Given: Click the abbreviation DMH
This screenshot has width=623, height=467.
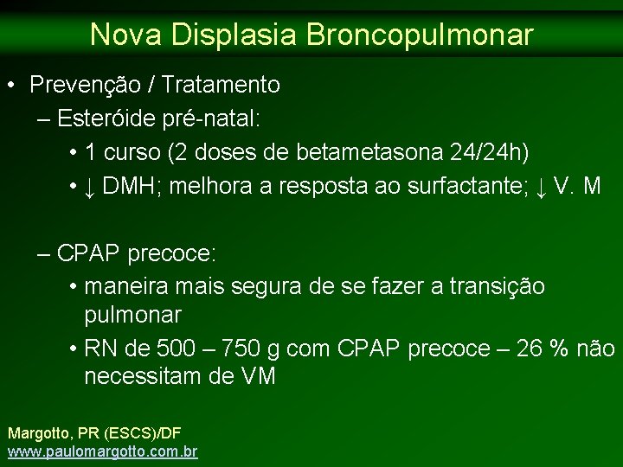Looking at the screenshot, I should (x=140, y=186).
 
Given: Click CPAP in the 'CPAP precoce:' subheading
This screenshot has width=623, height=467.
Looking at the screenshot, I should (x=89, y=254).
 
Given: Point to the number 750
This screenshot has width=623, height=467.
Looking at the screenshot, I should (x=243, y=349).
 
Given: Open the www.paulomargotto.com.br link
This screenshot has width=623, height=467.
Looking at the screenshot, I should (x=102, y=451).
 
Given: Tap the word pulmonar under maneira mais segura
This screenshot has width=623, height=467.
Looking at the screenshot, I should (x=132, y=313).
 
